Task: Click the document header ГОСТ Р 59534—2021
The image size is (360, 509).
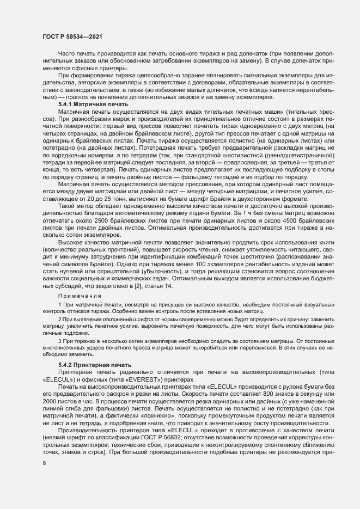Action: (71, 35)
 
